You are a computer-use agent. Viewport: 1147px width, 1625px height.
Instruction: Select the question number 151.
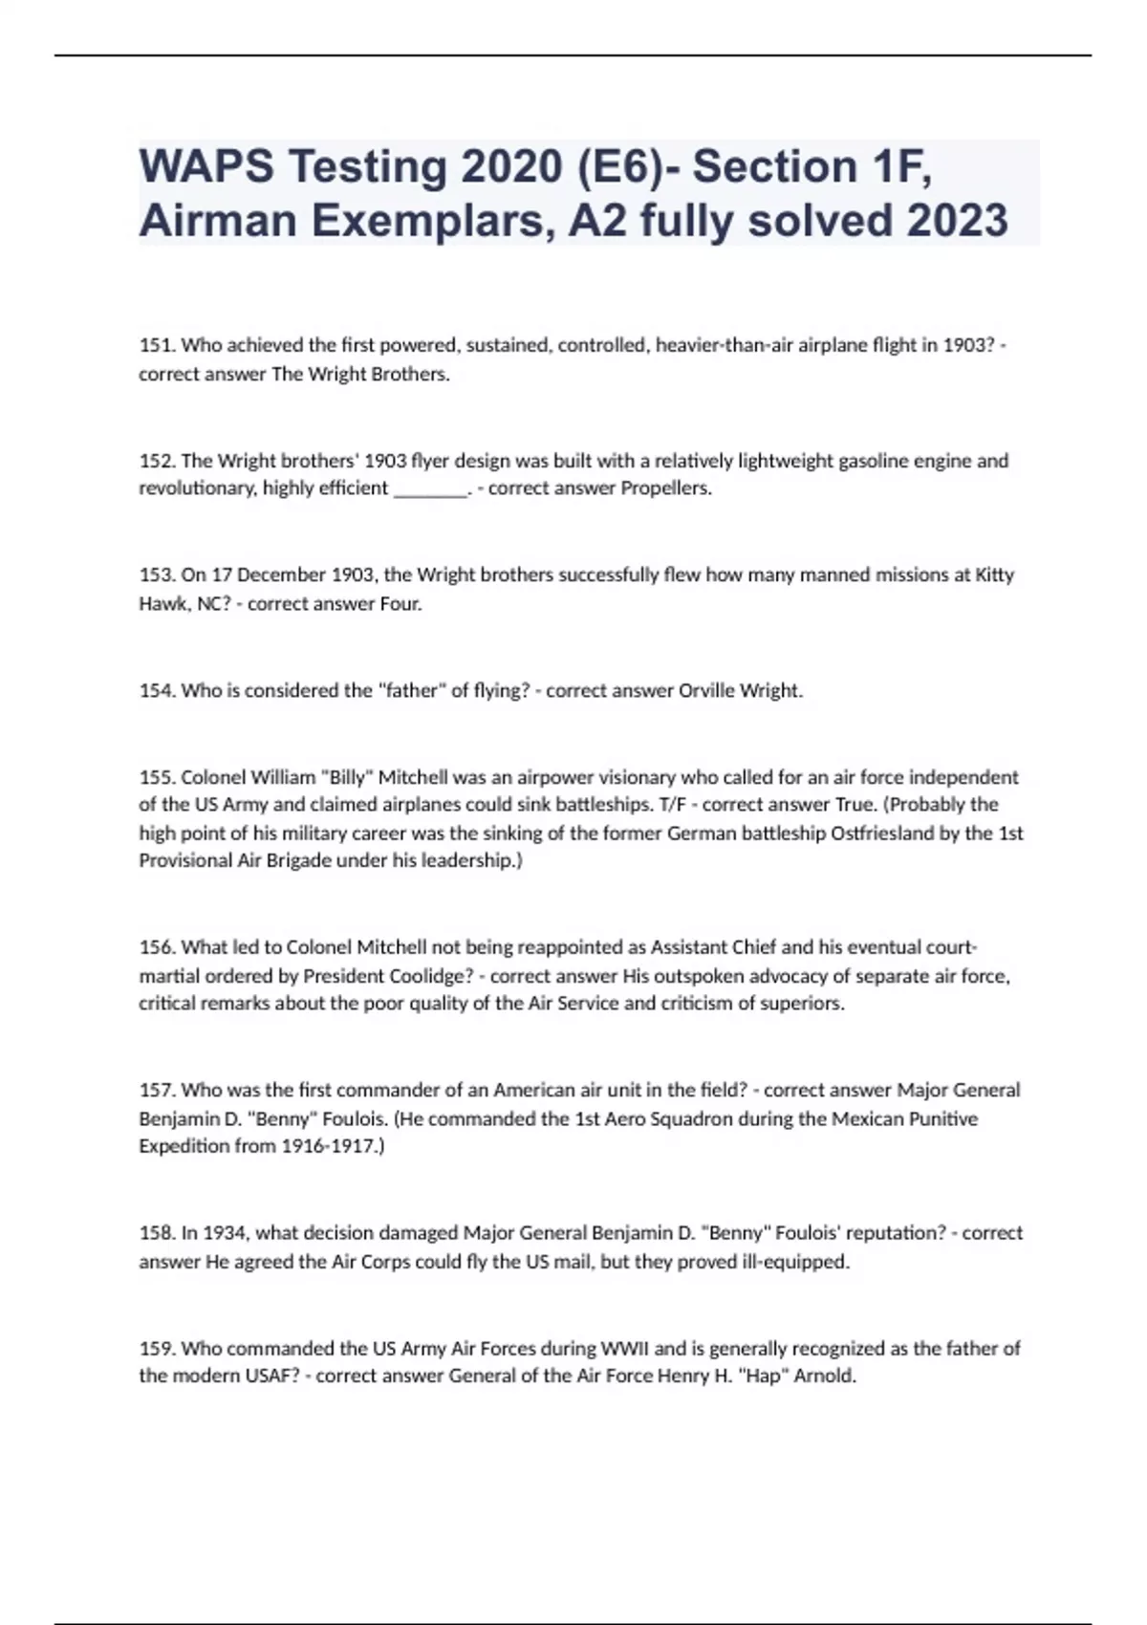click(157, 345)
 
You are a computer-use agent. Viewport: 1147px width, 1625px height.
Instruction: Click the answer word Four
click(400, 604)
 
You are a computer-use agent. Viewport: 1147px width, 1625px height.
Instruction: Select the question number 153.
click(157, 575)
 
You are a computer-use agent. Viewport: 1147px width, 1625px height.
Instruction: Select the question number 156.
click(157, 947)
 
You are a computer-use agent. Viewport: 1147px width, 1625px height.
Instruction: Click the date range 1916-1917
click(332, 1146)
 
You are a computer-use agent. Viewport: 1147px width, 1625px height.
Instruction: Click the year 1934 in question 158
click(224, 1233)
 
